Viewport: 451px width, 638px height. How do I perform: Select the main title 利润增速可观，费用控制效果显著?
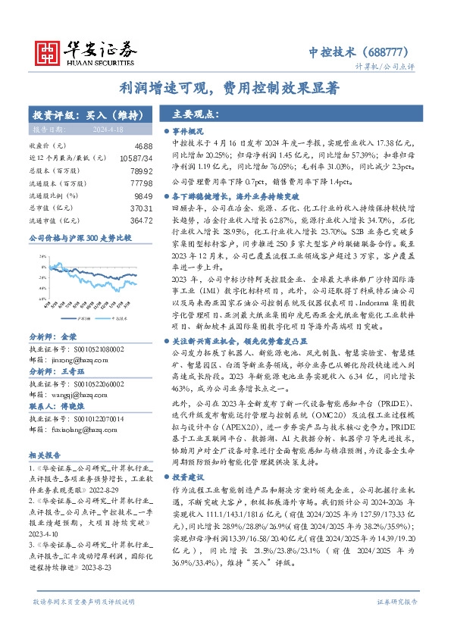[224, 88]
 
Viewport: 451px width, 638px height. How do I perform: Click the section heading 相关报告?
[41, 454]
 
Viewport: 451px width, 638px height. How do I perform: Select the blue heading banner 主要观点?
[196, 115]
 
